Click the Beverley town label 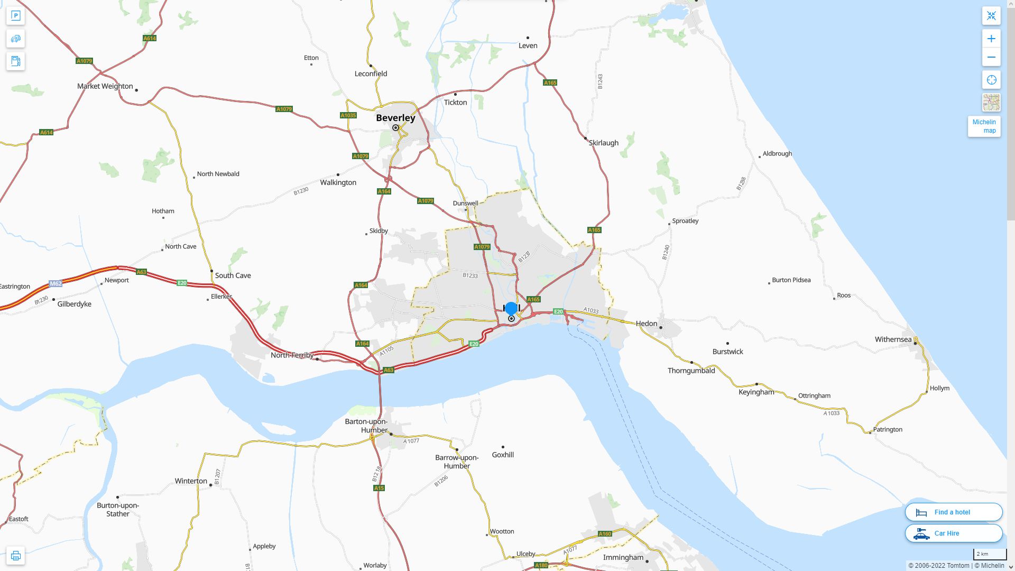tap(395, 118)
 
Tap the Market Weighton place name tap(105, 86)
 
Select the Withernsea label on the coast tap(893, 339)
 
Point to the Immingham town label tap(623, 557)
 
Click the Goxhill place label tap(502, 455)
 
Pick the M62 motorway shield tap(56, 284)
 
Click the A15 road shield tap(379, 488)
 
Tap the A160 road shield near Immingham tap(605, 534)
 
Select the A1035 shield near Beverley tap(348, 115)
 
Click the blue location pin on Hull tap(511, 308)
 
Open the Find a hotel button tap(953, 512)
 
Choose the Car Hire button tap(953, 533)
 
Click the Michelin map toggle tap(984, 126)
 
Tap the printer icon tap(15, 556)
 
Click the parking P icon tap(15, 16)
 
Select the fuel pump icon tap(15, 61)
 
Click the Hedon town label tap(646, 324)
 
